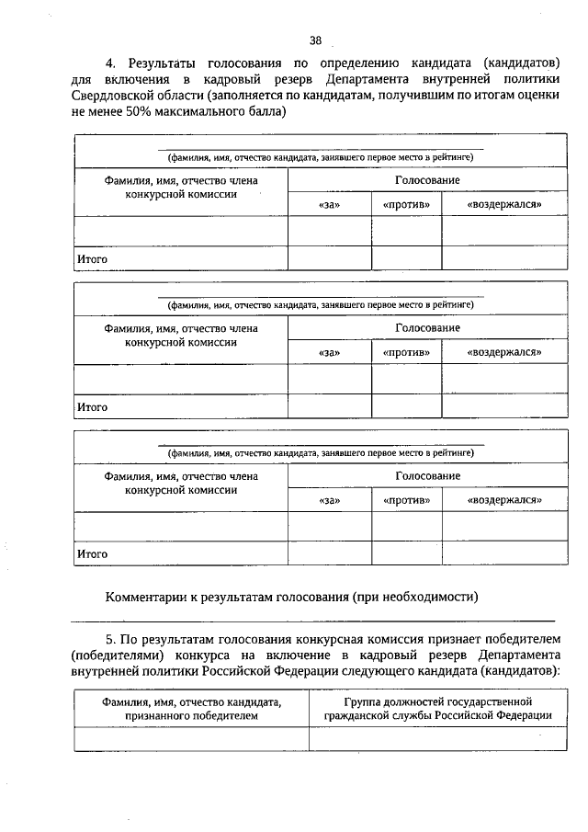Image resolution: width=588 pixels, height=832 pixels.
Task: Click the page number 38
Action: coord(315,40)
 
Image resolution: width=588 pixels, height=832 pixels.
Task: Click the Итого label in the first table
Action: coord(92,259)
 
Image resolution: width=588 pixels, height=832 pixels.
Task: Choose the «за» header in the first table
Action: coord(329,204)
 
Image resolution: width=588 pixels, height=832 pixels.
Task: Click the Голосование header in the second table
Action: coord(427,328)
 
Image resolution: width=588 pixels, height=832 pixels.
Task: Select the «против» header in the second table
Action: coord(407,352)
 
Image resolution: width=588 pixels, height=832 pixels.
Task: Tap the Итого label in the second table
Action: coord(92,406)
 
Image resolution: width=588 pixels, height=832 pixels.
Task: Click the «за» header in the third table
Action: coord(329,499)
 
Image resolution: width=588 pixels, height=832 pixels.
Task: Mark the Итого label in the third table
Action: coord(92,553)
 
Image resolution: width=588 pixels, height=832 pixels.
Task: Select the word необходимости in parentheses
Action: coord(432,597)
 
